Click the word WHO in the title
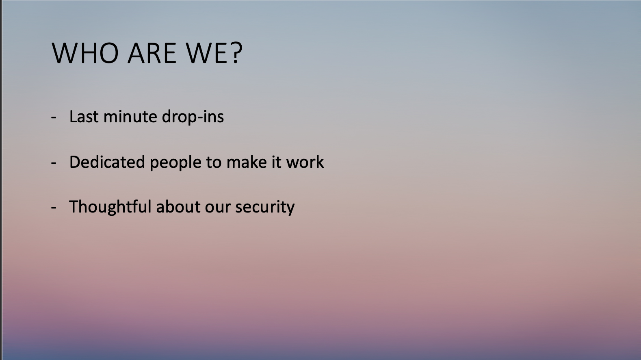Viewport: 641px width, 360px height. point(85,53)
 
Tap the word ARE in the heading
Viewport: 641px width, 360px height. point(152,53)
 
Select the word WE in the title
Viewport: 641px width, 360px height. point(207,53)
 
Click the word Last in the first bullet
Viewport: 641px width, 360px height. point(84,117)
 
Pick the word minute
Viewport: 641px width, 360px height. point(130,117)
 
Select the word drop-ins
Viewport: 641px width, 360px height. point(193,117)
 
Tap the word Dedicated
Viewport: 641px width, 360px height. point(107,162)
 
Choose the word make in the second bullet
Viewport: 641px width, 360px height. point(247,162)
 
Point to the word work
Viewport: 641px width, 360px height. point(305,162)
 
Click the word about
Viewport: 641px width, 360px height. point(178,206)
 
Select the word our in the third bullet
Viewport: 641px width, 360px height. point(218,208)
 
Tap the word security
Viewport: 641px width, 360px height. point(265,208)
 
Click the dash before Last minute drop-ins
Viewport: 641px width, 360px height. point(54,117)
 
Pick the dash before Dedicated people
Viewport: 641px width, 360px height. point(54,163)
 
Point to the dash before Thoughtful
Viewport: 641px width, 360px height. point(54,207)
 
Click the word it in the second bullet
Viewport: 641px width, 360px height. point(277,162)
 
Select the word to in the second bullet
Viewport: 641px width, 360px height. point(214,163)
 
